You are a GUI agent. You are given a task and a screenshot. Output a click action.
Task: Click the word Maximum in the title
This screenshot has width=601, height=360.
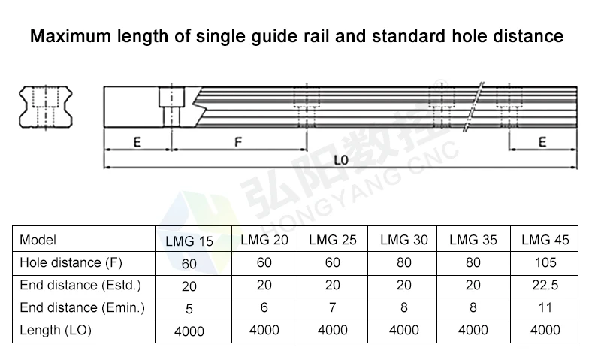pos(70,36)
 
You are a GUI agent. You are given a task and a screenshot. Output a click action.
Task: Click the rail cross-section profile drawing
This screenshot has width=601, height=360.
pos(46,107)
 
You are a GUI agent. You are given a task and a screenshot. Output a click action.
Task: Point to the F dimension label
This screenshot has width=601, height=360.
pos(238,142)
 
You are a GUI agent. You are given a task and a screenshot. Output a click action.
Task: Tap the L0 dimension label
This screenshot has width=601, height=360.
pos(341,160)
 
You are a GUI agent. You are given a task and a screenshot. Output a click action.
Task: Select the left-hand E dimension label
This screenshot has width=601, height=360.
pos(137,143)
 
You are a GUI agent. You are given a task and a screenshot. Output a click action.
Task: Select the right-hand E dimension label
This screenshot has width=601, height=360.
pos(542,142)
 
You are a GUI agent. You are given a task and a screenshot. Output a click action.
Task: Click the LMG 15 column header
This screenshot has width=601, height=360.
pos(189,241)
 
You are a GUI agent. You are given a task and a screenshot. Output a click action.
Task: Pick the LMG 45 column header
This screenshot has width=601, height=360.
pos(545,240)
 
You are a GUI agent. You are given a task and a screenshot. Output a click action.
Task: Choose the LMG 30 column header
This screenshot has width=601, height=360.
pos(404,240)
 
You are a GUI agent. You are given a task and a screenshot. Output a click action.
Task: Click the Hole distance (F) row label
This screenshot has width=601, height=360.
pos(71,262)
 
